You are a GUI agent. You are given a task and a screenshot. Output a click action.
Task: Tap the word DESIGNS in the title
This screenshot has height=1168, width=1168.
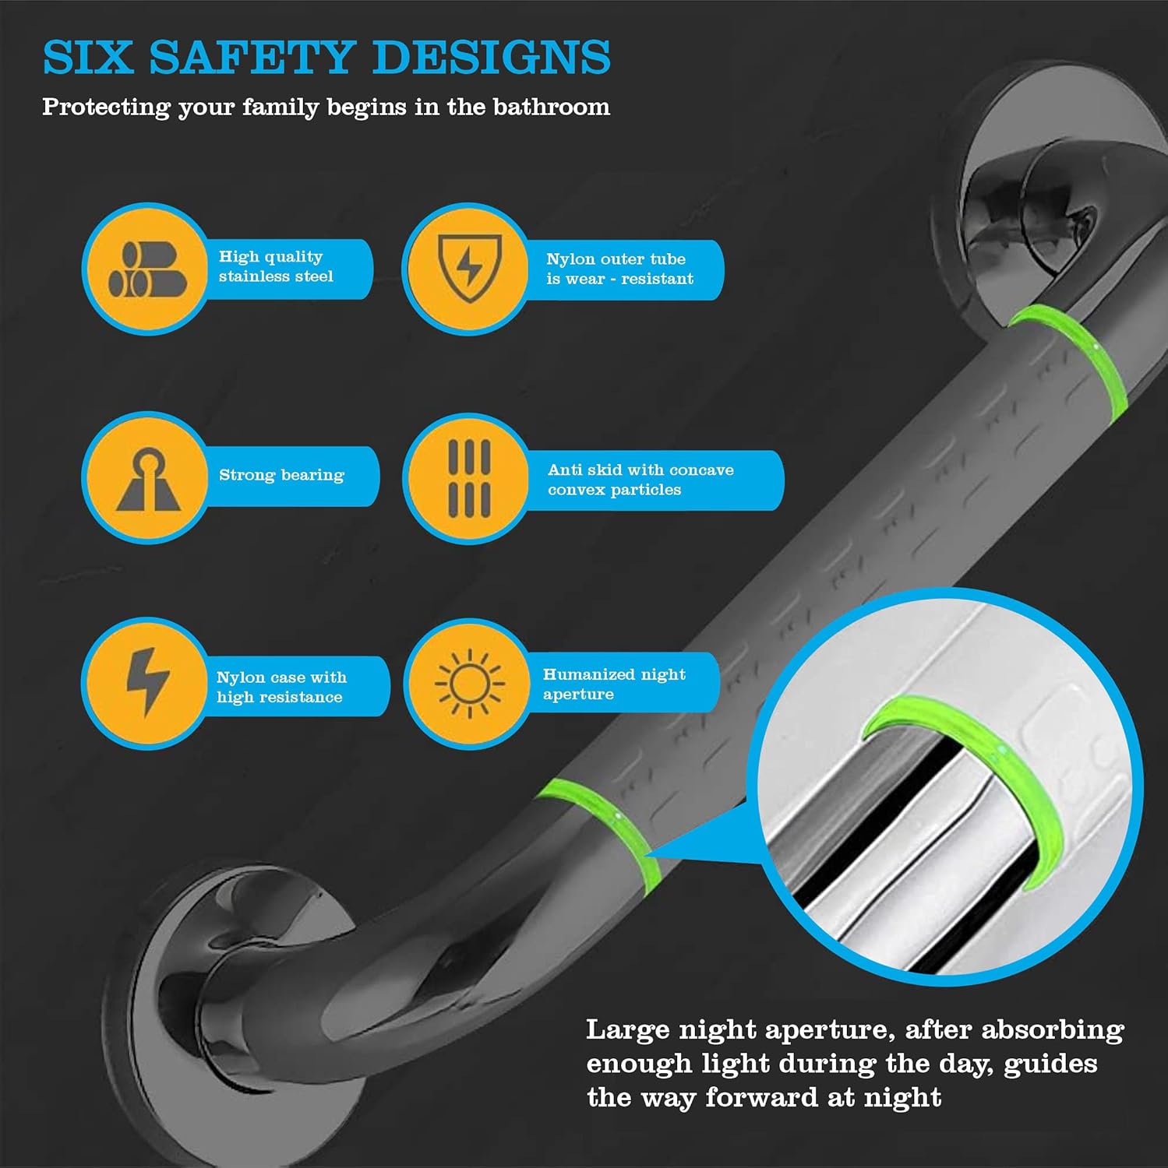(x=492, y=58)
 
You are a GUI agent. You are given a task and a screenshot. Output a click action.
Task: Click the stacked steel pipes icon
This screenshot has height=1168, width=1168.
(x=147, y=269)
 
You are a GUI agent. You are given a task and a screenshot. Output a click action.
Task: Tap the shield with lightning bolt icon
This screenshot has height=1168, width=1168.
(x=469, y=268)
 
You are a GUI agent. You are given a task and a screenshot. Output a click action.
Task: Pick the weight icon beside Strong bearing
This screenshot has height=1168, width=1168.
(x=148, y=479)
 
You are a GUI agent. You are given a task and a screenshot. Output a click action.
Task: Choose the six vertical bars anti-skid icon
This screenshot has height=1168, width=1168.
(x=469, y=478)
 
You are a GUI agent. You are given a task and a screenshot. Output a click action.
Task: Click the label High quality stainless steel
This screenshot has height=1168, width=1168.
(x=276, y=266)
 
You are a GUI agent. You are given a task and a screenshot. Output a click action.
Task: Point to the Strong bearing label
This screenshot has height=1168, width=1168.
(x=281, y=475)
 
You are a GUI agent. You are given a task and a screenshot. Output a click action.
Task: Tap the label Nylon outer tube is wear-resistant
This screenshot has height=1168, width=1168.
(x=619, y=269)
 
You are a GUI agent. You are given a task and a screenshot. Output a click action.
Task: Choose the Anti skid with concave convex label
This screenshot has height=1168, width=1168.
(x=640, y=480)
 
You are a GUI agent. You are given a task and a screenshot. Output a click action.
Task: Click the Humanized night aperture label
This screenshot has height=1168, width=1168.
(x=614, y=684)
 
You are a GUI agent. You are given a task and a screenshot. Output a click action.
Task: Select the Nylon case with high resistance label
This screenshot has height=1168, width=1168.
(x=281, y=687)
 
